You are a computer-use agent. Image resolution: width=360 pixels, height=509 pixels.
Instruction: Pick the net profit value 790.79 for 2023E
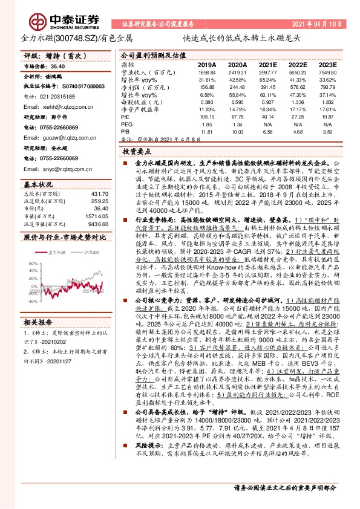pos(326,86)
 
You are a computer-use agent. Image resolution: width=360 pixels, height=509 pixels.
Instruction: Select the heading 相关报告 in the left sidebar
pos(40,322)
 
